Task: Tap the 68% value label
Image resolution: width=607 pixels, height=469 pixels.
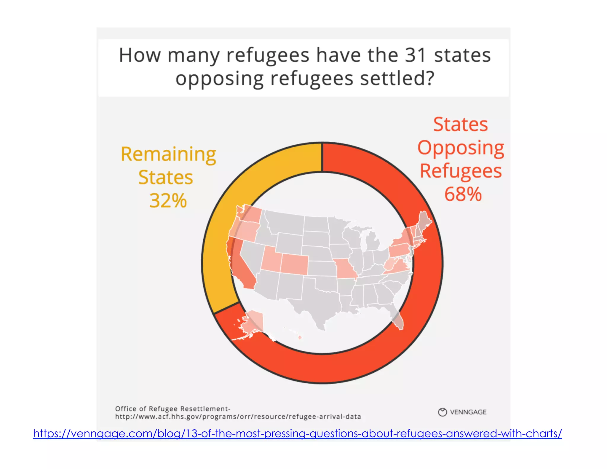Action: pos(463,194)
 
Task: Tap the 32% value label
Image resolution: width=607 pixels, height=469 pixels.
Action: pos(168,201)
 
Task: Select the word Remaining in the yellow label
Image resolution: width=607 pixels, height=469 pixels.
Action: pos(168,154)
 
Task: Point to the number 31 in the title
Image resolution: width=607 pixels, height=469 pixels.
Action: pos(415,55)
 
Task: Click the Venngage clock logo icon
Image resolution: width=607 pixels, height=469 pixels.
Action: pos(442,412)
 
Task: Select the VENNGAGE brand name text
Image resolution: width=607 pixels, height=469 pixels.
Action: pos(468,412)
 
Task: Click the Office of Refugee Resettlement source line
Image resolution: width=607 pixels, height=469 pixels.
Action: pos(172,409)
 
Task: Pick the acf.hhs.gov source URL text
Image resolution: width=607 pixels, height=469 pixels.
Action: pos(238,417)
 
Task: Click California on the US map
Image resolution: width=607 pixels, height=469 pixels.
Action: pos(242,265)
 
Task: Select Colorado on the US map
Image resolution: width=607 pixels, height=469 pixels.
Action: pos(294,264)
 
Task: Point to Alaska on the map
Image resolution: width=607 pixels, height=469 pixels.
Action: pos(252,323)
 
